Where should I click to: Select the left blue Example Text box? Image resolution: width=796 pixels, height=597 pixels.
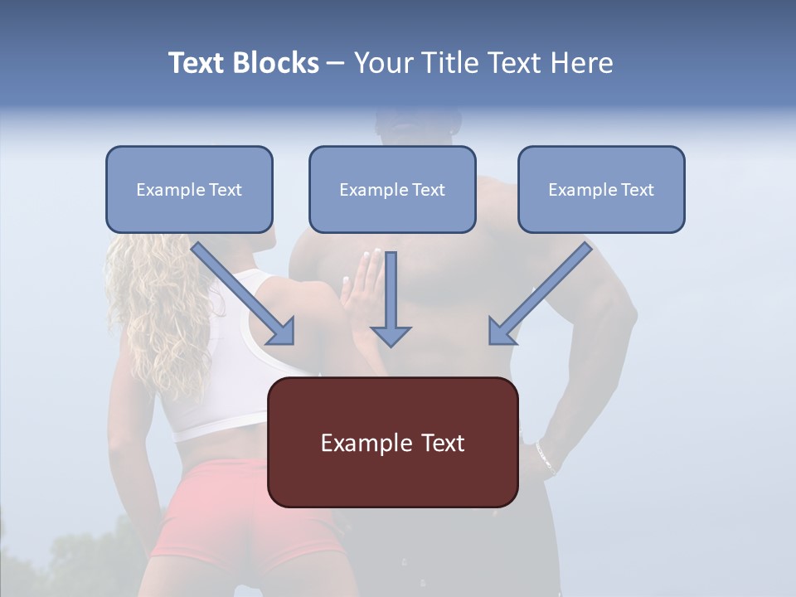tap(189, 190)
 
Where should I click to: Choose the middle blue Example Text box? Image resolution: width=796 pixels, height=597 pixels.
tap(392, 190)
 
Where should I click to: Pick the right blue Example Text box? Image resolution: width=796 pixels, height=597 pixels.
tap(601, 190)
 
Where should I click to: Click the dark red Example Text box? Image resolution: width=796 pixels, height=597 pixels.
tap(392, 443)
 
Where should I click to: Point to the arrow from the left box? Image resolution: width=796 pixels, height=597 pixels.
tap(245, 294)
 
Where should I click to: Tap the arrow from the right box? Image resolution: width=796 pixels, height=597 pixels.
tap(539, 294)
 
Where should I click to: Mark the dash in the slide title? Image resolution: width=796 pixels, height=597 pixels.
tap(336, 64)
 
